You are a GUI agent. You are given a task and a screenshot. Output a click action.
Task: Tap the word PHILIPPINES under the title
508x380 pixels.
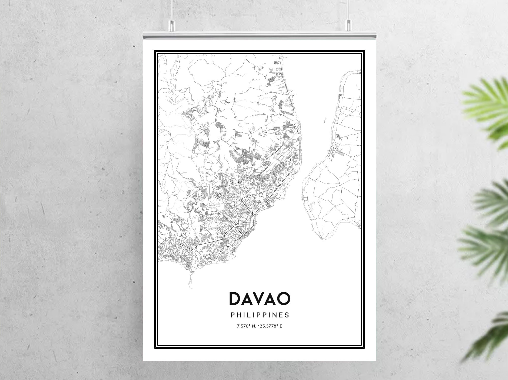[260, 315]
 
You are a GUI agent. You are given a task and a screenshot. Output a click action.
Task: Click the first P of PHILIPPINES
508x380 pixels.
[232, 315]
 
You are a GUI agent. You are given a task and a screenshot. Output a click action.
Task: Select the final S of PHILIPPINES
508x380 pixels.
[287, 315]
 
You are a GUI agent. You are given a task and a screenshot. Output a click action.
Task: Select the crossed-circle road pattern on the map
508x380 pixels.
[218, 196]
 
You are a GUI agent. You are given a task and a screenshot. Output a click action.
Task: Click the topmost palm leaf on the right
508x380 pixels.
[485, 107]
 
